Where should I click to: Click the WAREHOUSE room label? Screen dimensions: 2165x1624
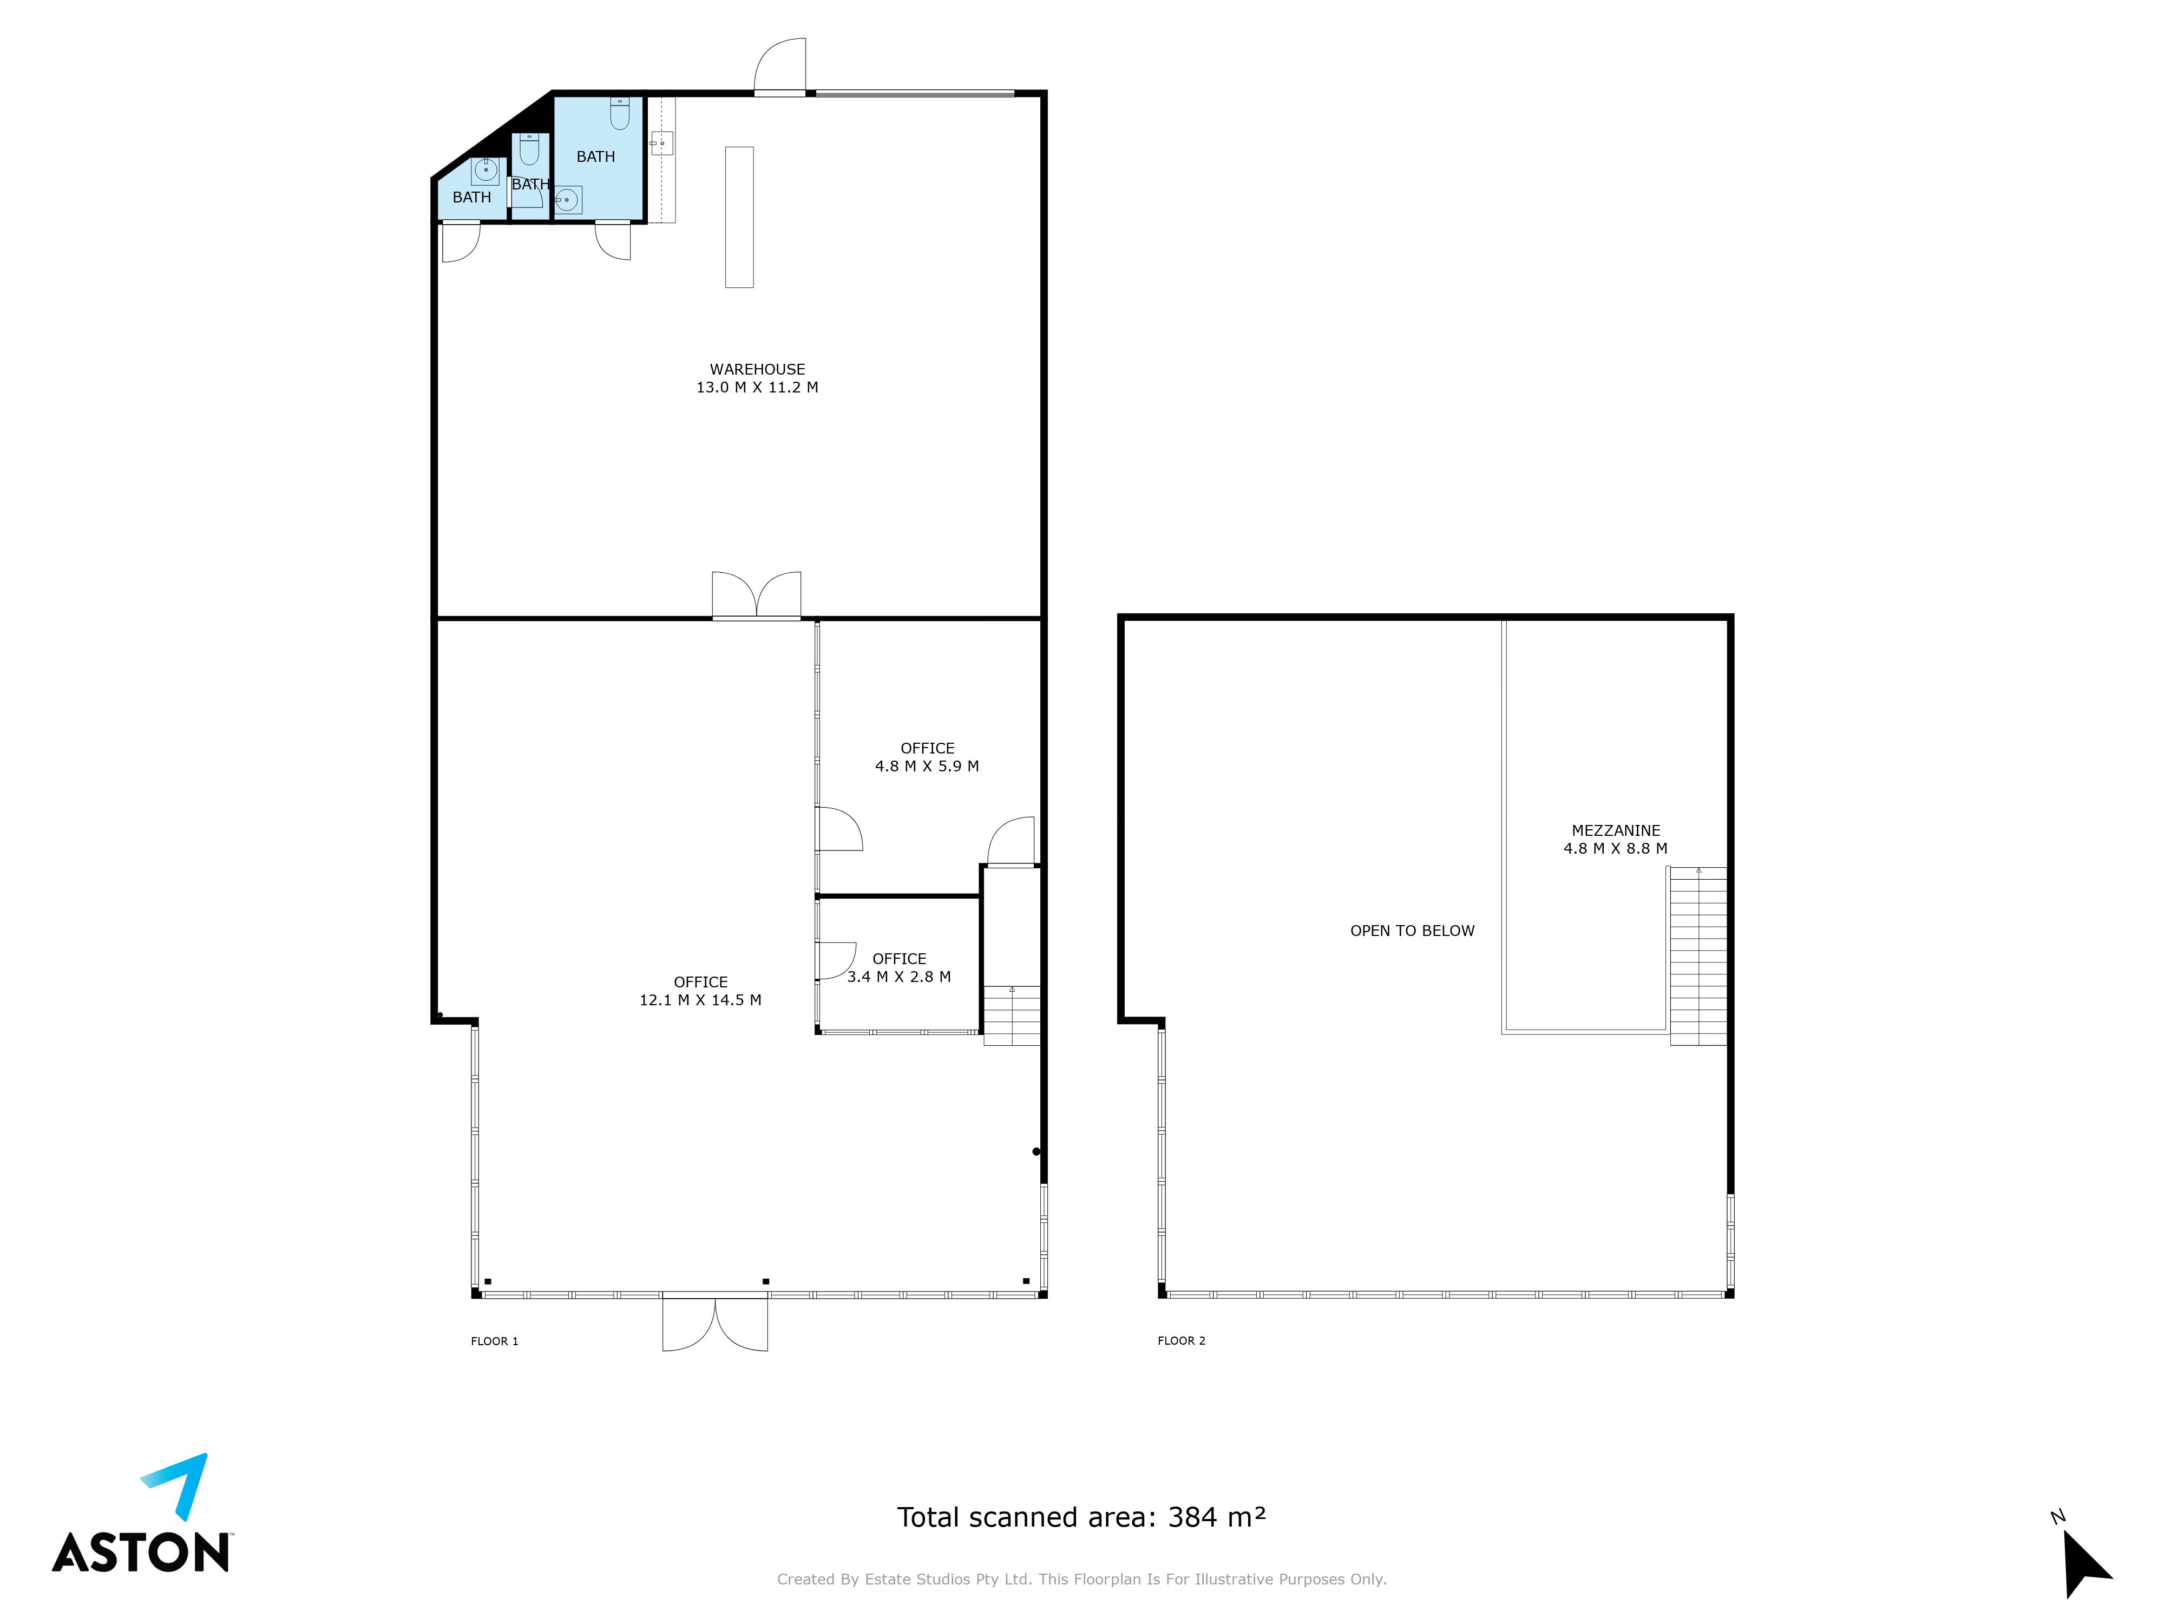point(758,369)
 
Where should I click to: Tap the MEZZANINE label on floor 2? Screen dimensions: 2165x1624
point(1616,830)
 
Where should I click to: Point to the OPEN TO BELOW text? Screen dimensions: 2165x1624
point(1412,931)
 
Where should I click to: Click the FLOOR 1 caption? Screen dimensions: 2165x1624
point(494,1341)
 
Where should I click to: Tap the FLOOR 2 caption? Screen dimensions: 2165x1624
point(1182,1341)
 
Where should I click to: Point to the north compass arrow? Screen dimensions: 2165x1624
point(2086,1563)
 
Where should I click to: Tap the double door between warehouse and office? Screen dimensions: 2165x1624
point(757,595)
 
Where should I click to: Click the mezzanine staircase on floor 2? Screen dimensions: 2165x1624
point(1698,957)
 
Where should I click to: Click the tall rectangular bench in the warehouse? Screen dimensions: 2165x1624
point(739,217)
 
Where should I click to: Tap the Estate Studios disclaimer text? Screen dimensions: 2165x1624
point(1081,1579)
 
